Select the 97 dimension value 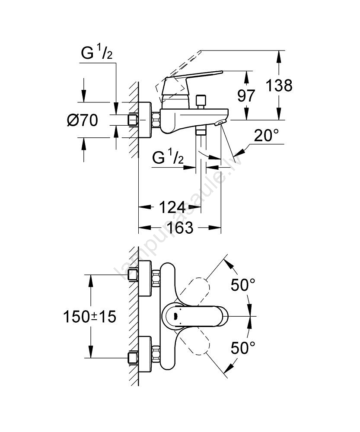(x=247, y=95)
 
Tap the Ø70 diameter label (x=83, y=120)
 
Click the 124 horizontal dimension (x=172, y=207)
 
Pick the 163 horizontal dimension (x=180, y=227)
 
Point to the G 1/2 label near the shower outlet (x=168, y=159)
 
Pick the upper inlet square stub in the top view (x=133, y=275)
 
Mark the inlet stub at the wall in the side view (x=133, y=119)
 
